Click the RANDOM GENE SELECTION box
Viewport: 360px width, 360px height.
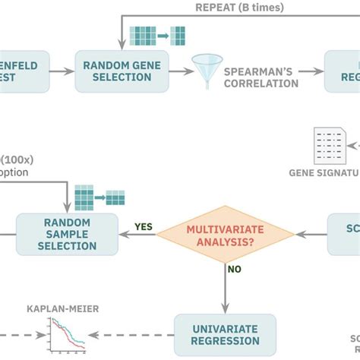click(x=122, y=71)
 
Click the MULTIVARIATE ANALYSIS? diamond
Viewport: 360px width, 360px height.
click(x=225, y=234)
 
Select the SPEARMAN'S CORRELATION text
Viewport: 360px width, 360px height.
click(x=261, y=77)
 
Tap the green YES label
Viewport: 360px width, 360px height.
click(x=143, y=226)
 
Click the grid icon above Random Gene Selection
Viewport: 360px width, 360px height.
click(x=157, y=36)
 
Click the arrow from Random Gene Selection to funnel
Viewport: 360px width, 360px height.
click(x=181, y=71)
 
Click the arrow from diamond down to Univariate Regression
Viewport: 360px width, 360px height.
click(x=225, y=285)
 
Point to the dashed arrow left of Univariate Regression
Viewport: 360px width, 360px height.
click(x=133, y=335)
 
